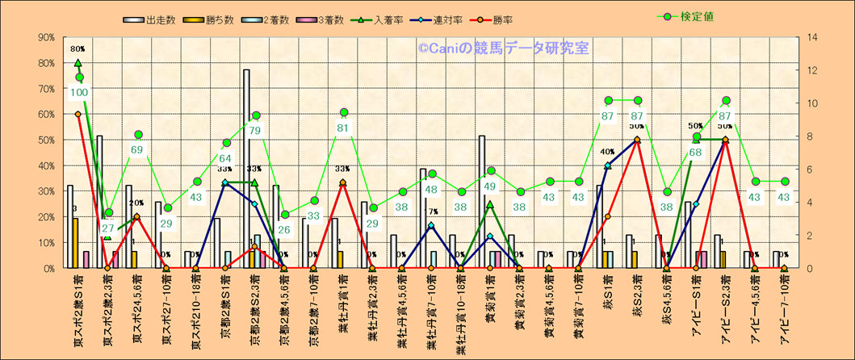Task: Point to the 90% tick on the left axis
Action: tap(45, 37)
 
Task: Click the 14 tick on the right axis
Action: tap(807, 37)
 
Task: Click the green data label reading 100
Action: tap(79, 93)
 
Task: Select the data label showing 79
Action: tap(255, 131)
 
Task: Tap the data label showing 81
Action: tap(343, 128)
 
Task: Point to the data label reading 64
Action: tap(226, 158)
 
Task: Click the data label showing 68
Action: tap(696, 153)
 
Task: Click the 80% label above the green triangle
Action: tap(78, 49)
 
